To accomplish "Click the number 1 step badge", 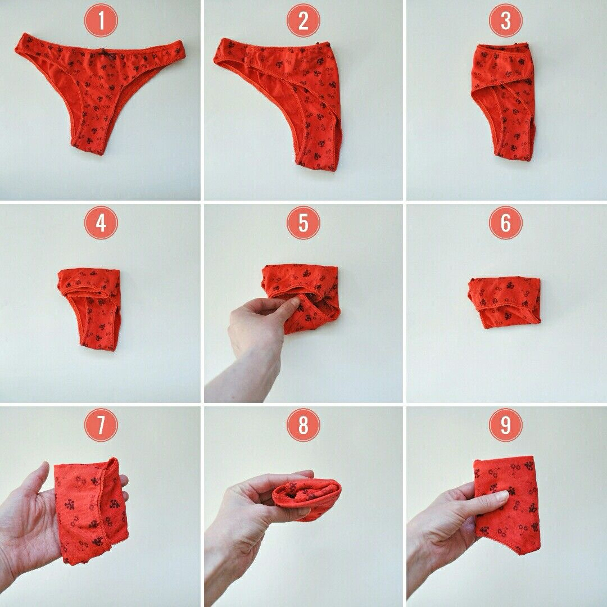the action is (101, 21).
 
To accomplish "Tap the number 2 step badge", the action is (303, 21).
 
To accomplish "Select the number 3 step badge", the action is (506, 21).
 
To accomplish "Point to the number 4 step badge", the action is (101, 223).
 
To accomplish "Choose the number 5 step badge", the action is (303, 223).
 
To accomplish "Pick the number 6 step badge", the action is (506, 223).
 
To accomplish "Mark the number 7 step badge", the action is (101, 425).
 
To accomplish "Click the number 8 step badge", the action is (303, 425).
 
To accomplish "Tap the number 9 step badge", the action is (506, 425).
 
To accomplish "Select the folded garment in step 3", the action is (503, 102).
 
